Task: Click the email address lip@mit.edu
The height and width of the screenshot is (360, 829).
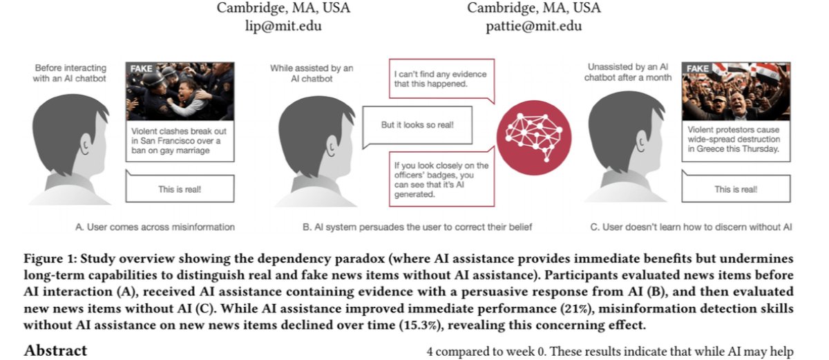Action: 283,26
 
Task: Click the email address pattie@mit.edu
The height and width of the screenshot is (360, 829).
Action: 533,26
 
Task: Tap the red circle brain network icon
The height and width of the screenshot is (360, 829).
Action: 533,138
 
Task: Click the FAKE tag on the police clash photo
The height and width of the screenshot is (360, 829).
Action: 141,68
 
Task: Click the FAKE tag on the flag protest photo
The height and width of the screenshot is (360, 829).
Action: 697,68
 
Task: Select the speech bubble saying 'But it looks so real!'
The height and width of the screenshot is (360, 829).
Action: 417,126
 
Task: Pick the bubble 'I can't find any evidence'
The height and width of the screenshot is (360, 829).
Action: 441,79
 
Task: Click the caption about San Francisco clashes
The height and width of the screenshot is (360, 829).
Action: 180,141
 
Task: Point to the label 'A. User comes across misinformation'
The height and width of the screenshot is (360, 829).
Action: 155,227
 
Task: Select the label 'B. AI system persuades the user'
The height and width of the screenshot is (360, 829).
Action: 417,227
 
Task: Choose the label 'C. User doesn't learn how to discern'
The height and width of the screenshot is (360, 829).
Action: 691,227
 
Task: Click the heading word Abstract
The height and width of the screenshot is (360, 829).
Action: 55,350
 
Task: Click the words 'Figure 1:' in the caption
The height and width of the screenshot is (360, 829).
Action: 50,258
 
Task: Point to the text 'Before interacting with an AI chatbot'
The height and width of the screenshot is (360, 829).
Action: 70,73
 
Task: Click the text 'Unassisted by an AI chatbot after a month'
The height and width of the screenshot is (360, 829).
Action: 628,72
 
